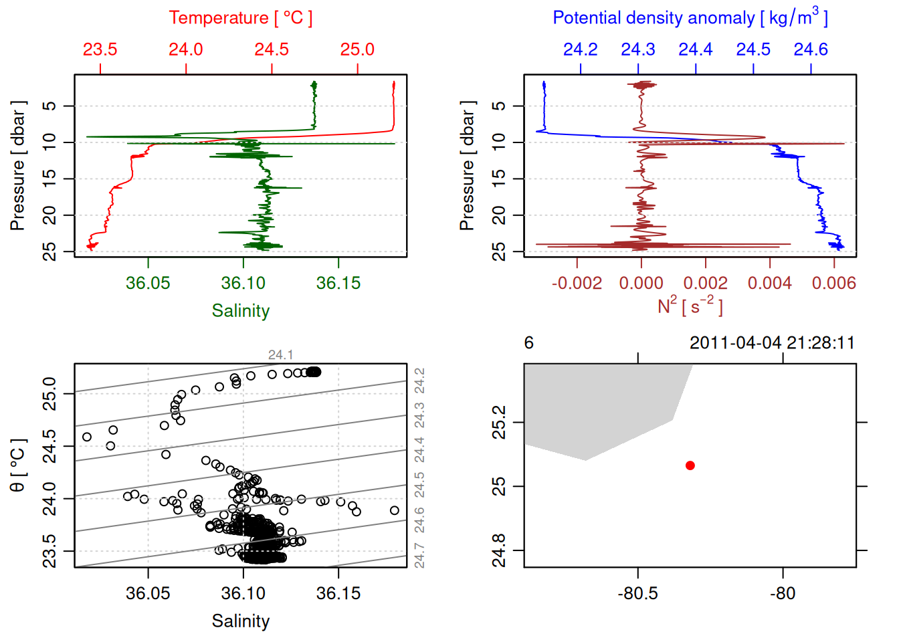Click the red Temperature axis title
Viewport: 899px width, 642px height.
(x=240, y=18)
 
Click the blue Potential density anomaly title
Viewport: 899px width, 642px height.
(x=690, y=18)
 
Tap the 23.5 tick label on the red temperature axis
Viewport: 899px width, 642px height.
(x=100, y=49)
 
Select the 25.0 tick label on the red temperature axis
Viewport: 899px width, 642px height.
(x=357, y=49)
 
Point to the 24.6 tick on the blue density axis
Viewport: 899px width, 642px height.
(x=811, y=49)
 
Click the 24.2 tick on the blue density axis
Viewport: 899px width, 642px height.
(x=580, y=49)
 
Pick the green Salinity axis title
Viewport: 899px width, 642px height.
(x=240, y=311)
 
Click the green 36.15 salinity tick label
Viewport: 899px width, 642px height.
(x=338, y=283)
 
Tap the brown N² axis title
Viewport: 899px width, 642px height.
(x=690, y=306)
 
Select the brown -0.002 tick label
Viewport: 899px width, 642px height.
(x=577, y=283)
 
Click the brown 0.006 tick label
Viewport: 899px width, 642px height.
(x=833, y=283)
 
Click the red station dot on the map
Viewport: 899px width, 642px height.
(x=690, y=465)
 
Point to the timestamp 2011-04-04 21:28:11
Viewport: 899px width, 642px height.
(x=772, y=343)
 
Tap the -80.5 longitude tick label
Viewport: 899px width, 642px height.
(x=638, y=593)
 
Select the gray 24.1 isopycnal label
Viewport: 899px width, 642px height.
(x=280, y=355)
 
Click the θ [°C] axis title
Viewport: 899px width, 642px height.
(x=18, y=465)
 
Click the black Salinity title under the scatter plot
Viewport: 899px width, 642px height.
(x=240, y=621)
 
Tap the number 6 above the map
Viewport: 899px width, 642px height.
(x=529, y=343)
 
